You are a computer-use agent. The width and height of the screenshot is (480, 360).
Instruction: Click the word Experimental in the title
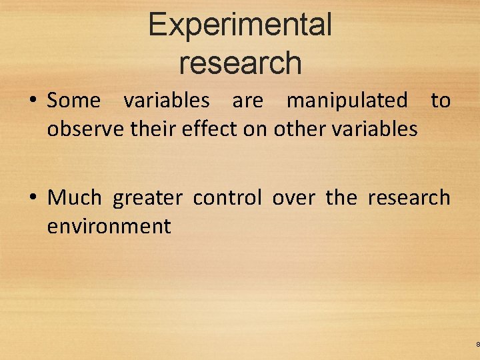point(240,25)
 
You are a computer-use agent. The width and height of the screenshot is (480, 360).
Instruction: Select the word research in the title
point(240,63)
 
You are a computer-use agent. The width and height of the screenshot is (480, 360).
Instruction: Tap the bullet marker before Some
point(33,101)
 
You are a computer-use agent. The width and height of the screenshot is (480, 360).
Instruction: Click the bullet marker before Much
point(33,198)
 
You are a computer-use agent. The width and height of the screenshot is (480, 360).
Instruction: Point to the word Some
point(73,101)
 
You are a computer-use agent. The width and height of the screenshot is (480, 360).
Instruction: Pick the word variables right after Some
point(166,101)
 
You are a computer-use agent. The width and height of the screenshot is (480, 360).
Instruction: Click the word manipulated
point(347,101)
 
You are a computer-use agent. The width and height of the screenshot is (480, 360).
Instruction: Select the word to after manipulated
point(441,101)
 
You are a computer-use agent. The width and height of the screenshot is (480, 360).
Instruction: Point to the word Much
point(74,197)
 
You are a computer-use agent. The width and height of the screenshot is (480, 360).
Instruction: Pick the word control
point(227,197)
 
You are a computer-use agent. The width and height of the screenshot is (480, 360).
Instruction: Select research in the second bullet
point(409,198)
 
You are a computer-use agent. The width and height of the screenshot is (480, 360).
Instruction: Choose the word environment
point(109,226)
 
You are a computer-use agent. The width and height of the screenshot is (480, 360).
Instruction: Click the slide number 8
point(477,344)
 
